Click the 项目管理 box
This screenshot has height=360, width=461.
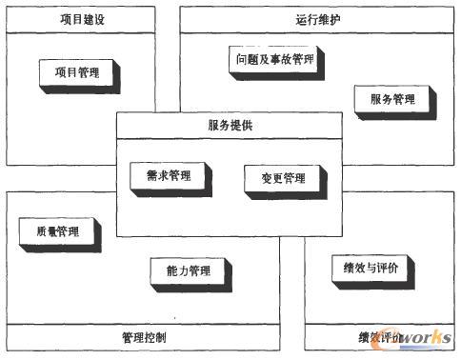click(x=80, y=71)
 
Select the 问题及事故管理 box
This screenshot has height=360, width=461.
click(x=273, y=59)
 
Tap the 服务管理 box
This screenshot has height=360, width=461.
click(x=391, y=99)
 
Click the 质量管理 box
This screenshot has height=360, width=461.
click(x=57, y=231)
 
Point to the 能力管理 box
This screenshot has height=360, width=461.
click(x=188, y=270)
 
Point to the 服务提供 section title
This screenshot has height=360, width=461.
click(x=230, y=125)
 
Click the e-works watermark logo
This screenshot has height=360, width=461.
click(x=413, y=339)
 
